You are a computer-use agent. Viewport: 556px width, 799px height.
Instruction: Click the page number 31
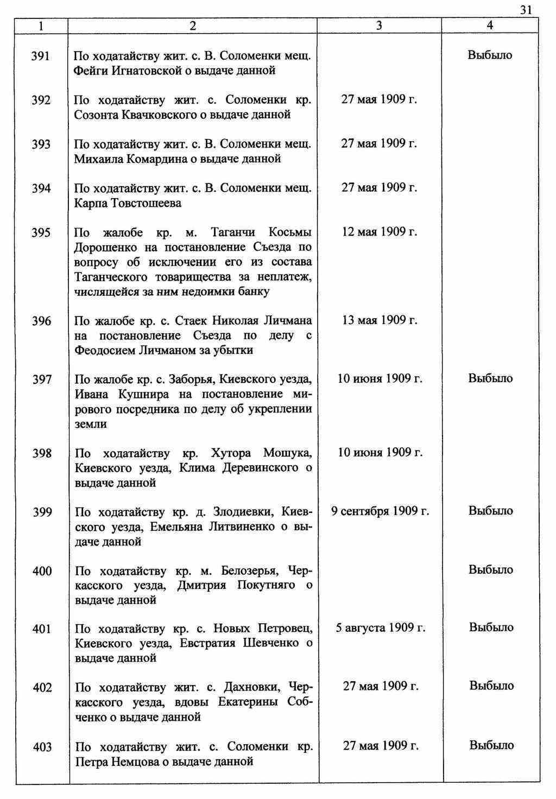pyautogui.click(x=526, y=9)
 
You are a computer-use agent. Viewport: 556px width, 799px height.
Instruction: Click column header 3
pyautogui.click(x=379, y=26)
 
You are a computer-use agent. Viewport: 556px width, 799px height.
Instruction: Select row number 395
pyautogui.click(x=41, y=233)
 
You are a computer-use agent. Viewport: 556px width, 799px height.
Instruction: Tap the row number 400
pyautogui.click(x=42, y=571)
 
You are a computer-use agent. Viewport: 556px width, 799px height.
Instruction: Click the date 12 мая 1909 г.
pyautogui.click(x=380, y=232)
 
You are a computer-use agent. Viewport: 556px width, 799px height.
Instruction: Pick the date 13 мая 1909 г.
pyautogui.click(x=380, y=320)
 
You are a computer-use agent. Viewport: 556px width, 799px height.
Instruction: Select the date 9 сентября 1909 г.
pyautogui.click(x=380, y=511)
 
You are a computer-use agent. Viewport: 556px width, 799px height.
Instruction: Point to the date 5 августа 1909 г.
pyautogui.click(x=381, y=629)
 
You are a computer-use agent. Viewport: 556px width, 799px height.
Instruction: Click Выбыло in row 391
pyautogui.click(x=490, y=55)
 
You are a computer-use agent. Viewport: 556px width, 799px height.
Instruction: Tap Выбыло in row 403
pyautogui.click(x=491, y=746)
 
